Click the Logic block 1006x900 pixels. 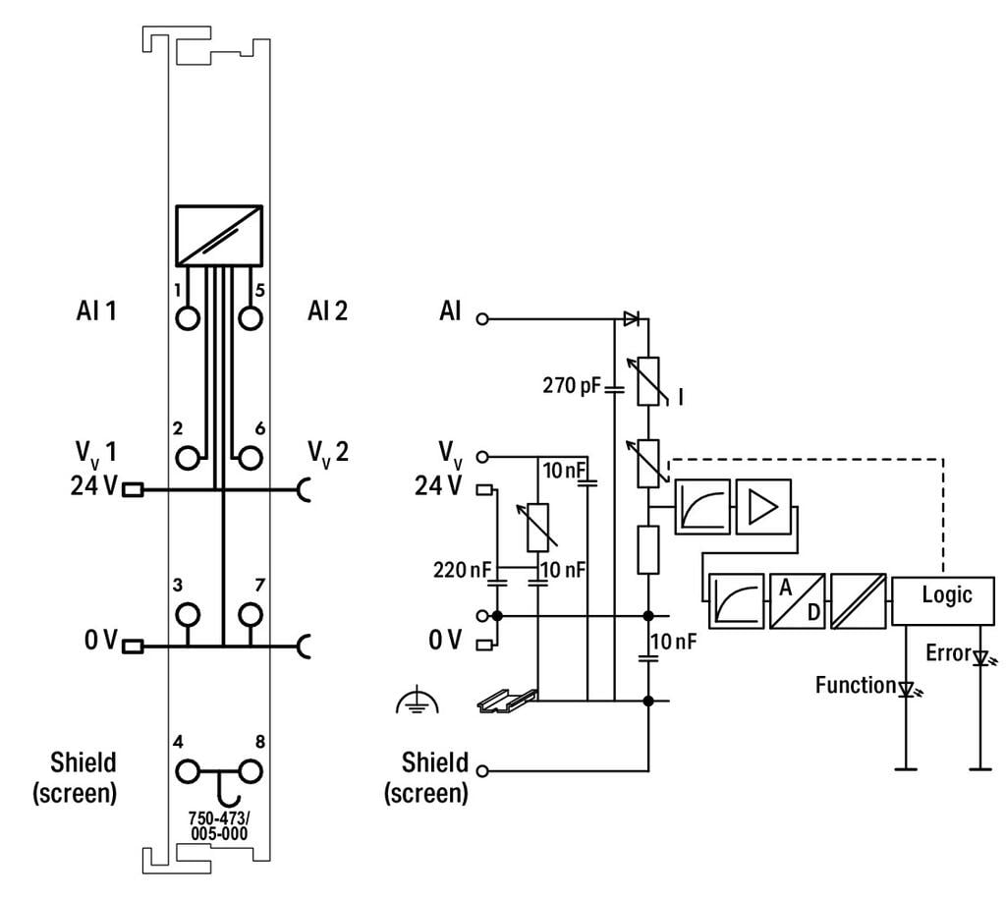pos(942,600)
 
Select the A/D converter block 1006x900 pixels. pos(797,601)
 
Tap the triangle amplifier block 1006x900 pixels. pos(762,507)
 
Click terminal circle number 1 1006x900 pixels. pos(188,318)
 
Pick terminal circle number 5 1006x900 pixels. pos(251,318)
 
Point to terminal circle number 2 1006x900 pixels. pos(188,458)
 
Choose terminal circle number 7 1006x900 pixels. pos(251,614)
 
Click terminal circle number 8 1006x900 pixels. pos(251,771)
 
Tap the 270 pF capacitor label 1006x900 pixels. pos(572,385)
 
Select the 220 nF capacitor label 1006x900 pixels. pos(462,570)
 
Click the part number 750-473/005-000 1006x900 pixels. pos(219,825)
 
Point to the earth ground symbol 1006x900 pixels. pos(417,701)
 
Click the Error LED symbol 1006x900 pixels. pos(981,658)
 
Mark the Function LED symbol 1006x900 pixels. pos(907,690)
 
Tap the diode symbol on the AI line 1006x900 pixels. pos(632,318)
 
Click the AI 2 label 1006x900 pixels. pos(327,311)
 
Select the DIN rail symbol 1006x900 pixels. pos(507,701)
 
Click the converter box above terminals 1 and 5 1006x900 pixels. pos(219,236)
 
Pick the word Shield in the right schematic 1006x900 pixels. pos(434,762)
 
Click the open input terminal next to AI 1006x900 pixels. pos(482,318)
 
